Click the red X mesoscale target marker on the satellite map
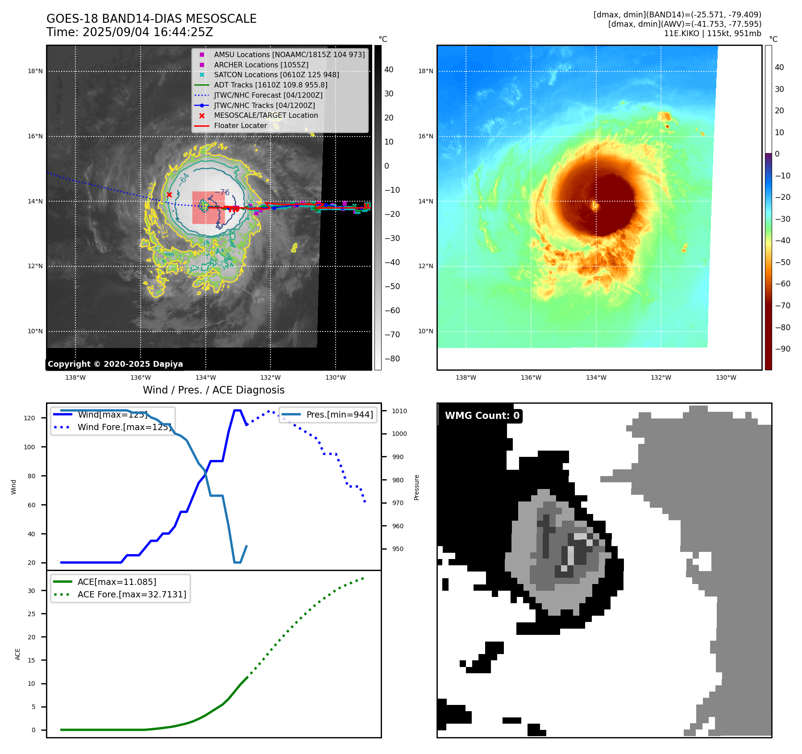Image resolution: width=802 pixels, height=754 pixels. [x=169, y=195]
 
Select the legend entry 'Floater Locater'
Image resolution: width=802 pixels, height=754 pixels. [x=240, y=126]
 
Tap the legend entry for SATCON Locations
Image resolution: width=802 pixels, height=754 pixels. [x=276, y=75]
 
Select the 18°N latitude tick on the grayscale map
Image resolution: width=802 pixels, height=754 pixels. [x=35, y=71]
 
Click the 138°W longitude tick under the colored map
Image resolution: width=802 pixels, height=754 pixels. [x=465, y=378]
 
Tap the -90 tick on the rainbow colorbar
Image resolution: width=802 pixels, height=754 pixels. [x=782, y=349]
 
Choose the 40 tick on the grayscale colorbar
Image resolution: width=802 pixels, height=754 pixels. [x=389, y=70]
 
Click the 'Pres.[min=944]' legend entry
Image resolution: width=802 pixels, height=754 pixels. [x=339, y=415]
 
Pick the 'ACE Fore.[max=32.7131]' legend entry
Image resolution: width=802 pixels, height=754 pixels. [x=132, y=595]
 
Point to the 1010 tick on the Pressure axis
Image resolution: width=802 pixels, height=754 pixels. [x=399, y=411]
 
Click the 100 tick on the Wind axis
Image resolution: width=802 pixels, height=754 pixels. [x=29, y=447]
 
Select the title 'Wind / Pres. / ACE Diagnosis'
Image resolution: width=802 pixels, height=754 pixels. [x=213, y=390]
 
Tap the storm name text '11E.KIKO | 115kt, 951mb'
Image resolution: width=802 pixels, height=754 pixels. [x=712, y=33]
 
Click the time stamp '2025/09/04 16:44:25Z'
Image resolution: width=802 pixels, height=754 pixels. [x=148, y=33]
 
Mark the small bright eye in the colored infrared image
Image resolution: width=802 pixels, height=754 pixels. [x=594, y=205]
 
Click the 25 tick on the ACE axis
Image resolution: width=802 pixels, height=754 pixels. [x=31, y=614]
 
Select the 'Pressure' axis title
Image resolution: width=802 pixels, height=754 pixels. [x=416, y=487]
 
